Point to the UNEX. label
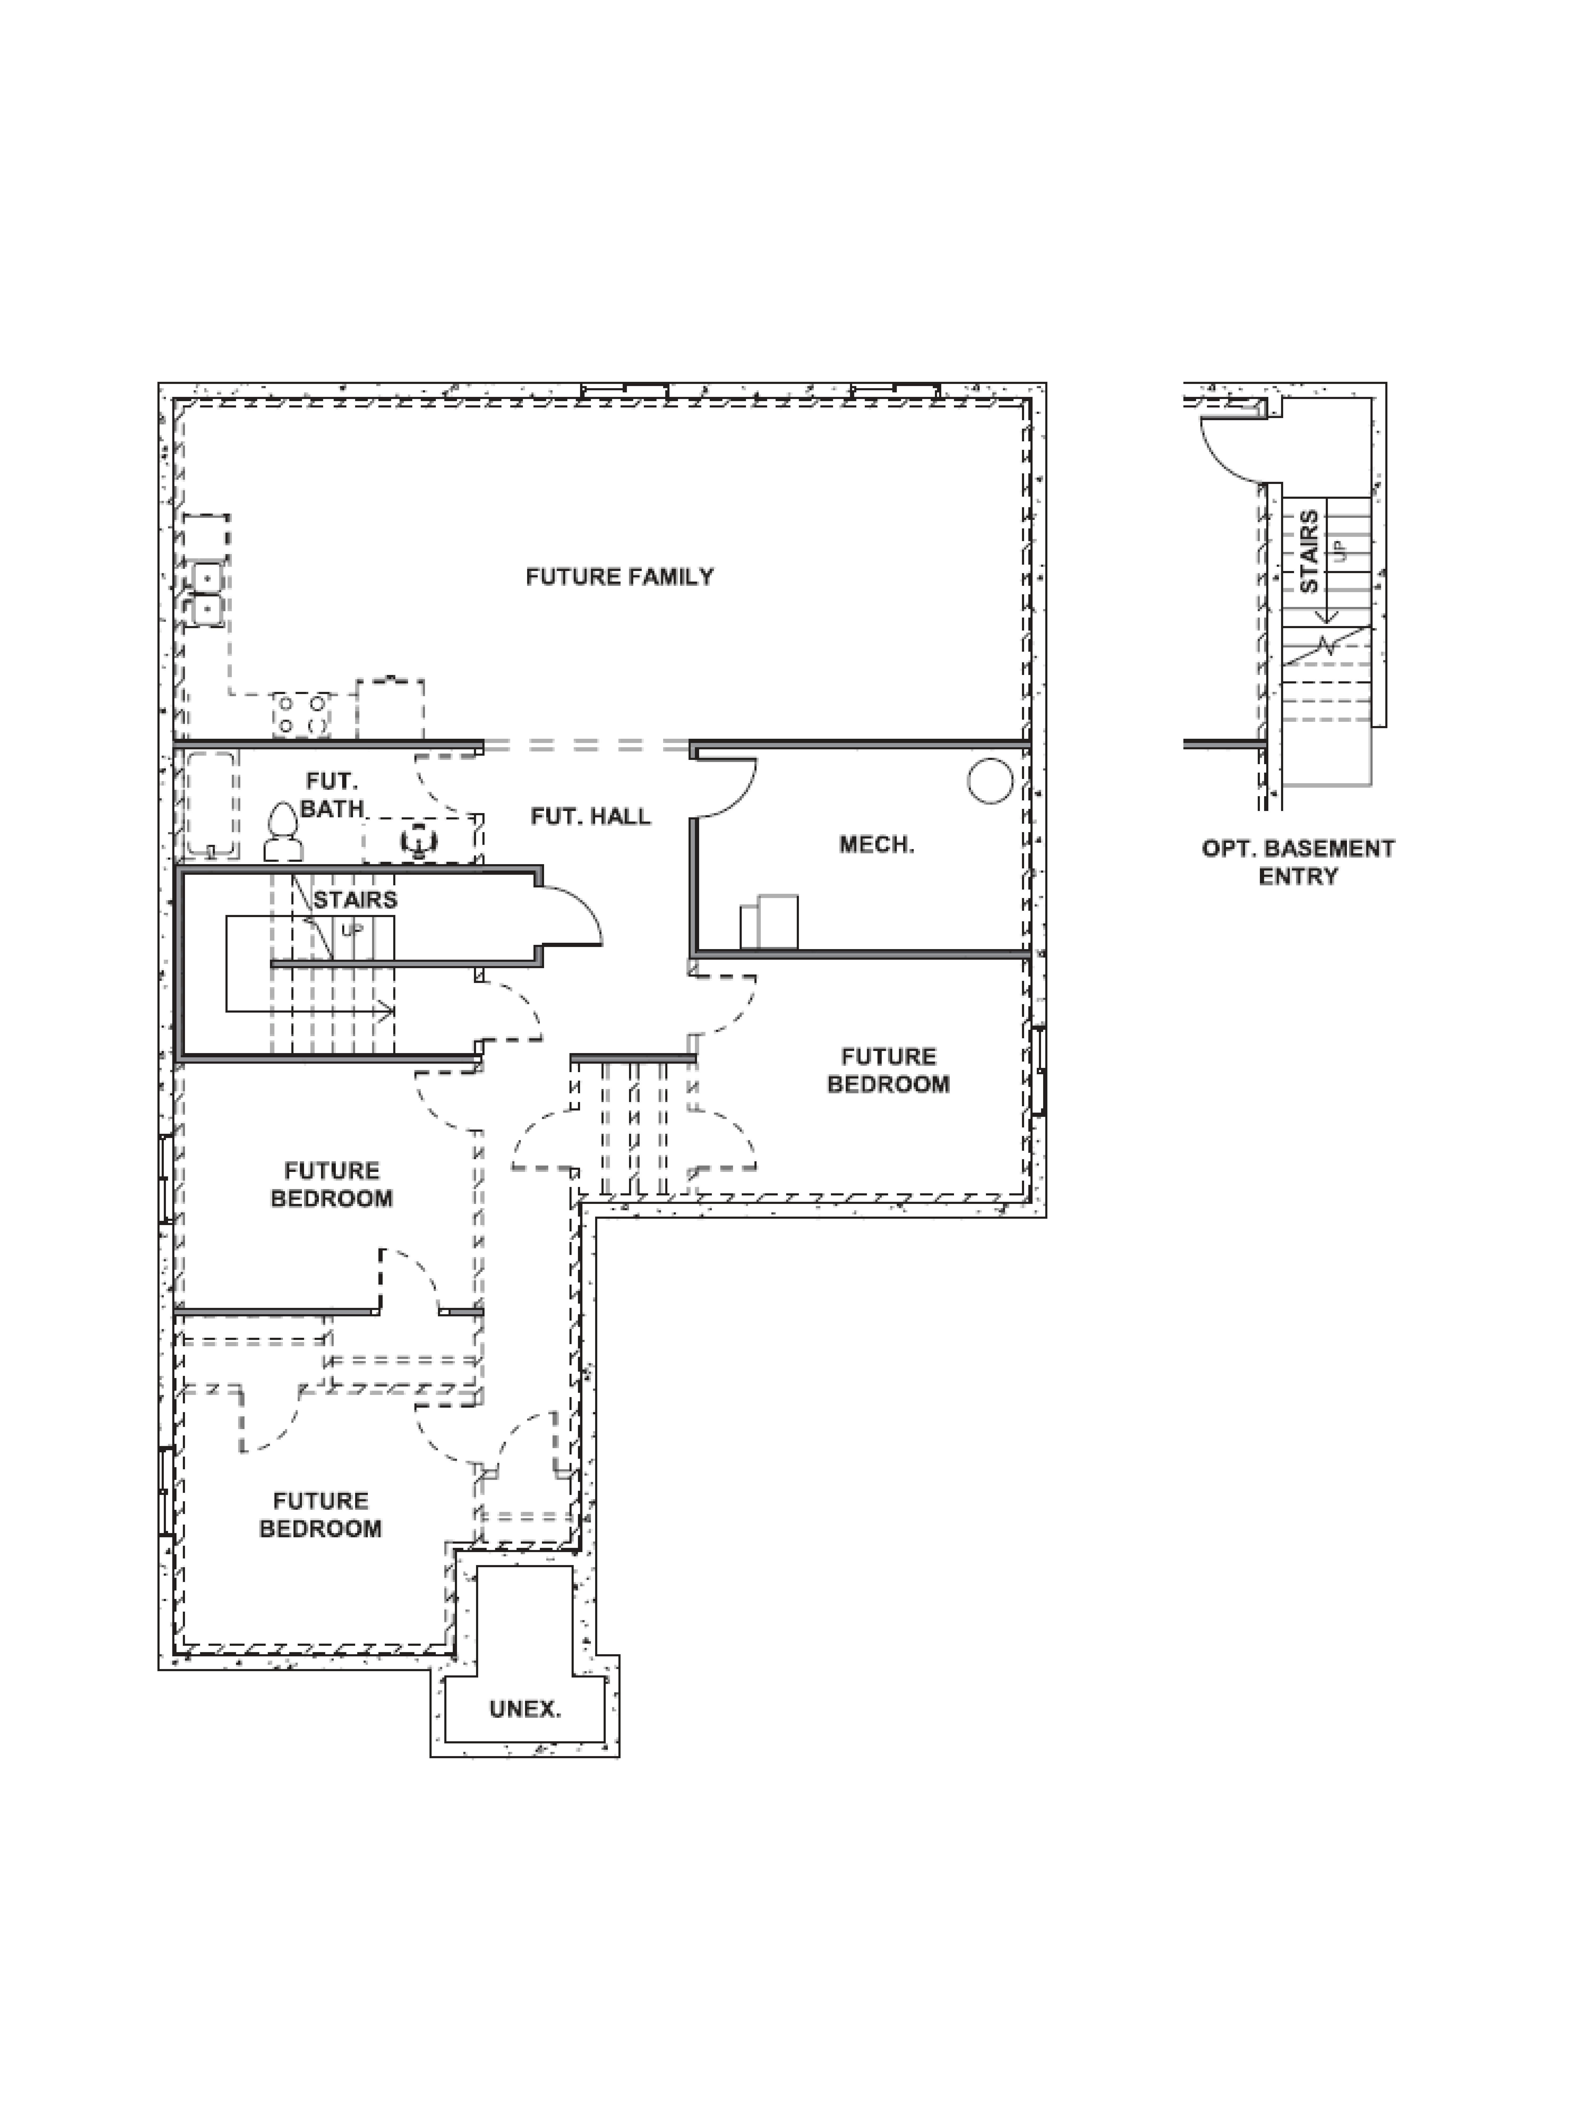(x=524, y=1708)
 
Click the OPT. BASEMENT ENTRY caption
(x=1298, y=861)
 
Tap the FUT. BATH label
(x=332, y=795)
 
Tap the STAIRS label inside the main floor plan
(x=355, y=900)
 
